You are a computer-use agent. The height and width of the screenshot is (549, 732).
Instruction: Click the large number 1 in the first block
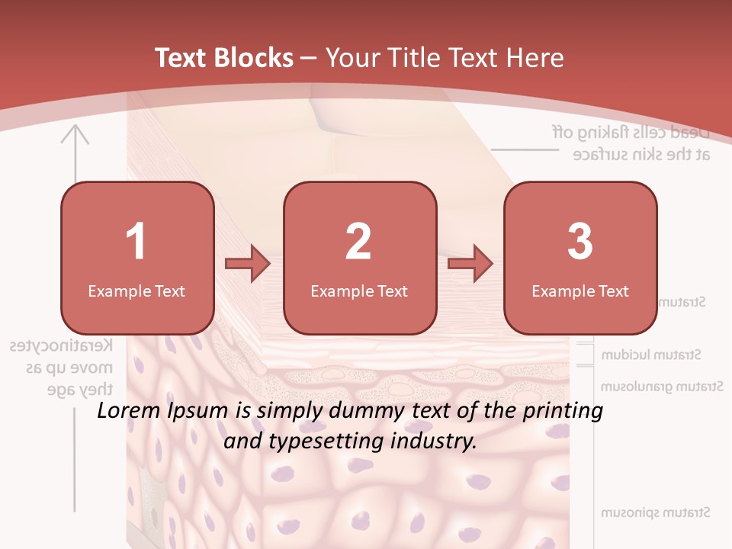click(136, 242)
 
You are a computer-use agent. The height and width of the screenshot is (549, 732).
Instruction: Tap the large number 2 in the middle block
click(358, 242)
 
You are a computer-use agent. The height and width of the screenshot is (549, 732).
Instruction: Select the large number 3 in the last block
click(580, 242)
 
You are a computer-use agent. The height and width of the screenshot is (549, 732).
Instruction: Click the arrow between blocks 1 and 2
click(248, 264)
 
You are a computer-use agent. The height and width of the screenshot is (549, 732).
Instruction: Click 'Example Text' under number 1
click(136, 291)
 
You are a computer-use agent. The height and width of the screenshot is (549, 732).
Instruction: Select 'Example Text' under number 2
click(359, 291)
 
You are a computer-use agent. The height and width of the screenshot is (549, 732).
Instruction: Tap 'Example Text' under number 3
click(580, 291)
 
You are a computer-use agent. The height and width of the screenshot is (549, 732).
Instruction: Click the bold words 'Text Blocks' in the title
click(224, 58)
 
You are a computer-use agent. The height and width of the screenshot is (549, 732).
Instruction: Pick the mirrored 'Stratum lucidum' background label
click(651, 355)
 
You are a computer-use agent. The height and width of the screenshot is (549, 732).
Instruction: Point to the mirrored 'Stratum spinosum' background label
click(656, 512)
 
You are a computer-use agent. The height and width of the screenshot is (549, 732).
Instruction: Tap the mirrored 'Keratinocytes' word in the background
click(62, 345)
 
